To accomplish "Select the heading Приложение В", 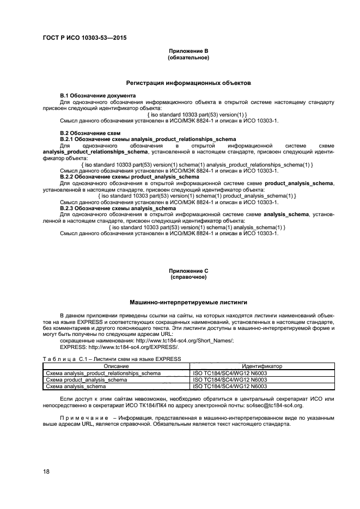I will pyautogui.click(x=188, y=52).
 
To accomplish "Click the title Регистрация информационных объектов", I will pyautogui.click(x=188, y=83).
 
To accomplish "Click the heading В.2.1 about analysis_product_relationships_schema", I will pyautogui.click(x=147, y=139).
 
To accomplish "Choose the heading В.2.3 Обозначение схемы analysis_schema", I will pyautogui.click(x=118, y=208).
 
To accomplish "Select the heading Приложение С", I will pyautogui.click(x=188, y=271).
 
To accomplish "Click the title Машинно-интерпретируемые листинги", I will pyautogui.click(x=188, y=302).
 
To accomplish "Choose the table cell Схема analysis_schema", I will pyautogui.click(x=75, y=387).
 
